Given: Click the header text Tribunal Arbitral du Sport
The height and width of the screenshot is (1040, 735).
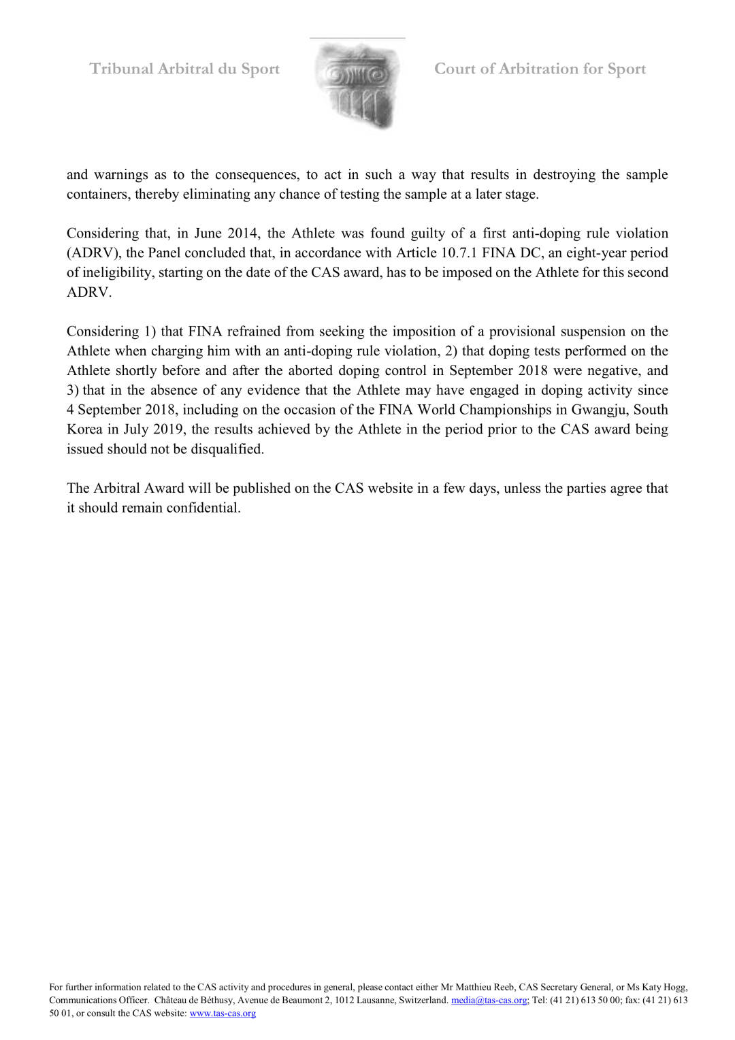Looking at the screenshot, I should pyautogui.click(x=184, y=69).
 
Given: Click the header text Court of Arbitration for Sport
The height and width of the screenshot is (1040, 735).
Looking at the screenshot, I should pyautogui.click(x=540, y=69).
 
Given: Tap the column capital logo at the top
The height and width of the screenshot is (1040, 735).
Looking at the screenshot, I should pyautogui.click(x=358, y=86).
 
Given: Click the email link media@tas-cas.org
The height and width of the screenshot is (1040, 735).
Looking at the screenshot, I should pyautogui.click(x=489, y=1000).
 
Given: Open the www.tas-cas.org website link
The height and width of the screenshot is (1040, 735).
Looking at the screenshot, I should pyautogui.click(x=223, y=1013).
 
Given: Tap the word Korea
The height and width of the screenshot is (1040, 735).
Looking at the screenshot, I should pyautogui.click(x=84, y=429).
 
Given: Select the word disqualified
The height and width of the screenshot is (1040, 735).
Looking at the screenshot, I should pyautogui.click(x=227, y=449).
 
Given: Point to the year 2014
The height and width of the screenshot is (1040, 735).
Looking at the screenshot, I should pyautogui.click(x=244, y=233).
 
